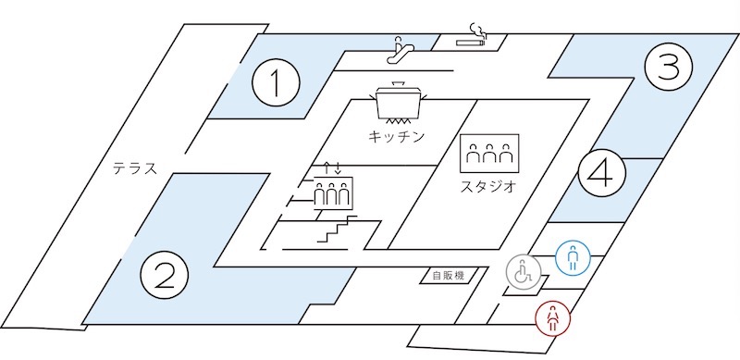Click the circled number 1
pos(276,82)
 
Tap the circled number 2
pos(165,276)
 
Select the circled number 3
pos(668,67)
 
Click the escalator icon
pos(401,50)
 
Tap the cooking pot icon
pos(399,99)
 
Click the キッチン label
pos(397,137)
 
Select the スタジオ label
pos(488,187)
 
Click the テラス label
pos(134,168)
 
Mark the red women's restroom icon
pos(552,318)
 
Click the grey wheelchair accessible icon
pos(524,272)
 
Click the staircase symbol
pos(337,229)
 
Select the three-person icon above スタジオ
pos(489,154)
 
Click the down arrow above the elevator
pos(338,168)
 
